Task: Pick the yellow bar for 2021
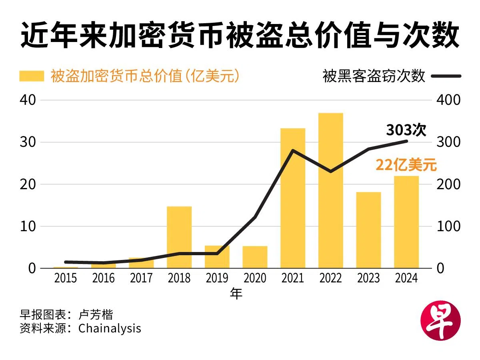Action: click(293, 198)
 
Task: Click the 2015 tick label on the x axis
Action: click(66, 278)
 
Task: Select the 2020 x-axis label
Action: click(255, 278)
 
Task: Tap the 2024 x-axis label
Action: click(406, 278)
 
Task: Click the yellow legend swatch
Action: click(32, 76)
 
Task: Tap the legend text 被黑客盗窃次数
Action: click(374, 76)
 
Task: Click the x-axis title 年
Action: click(236, 294)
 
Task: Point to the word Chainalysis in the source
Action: click(110, 328)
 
